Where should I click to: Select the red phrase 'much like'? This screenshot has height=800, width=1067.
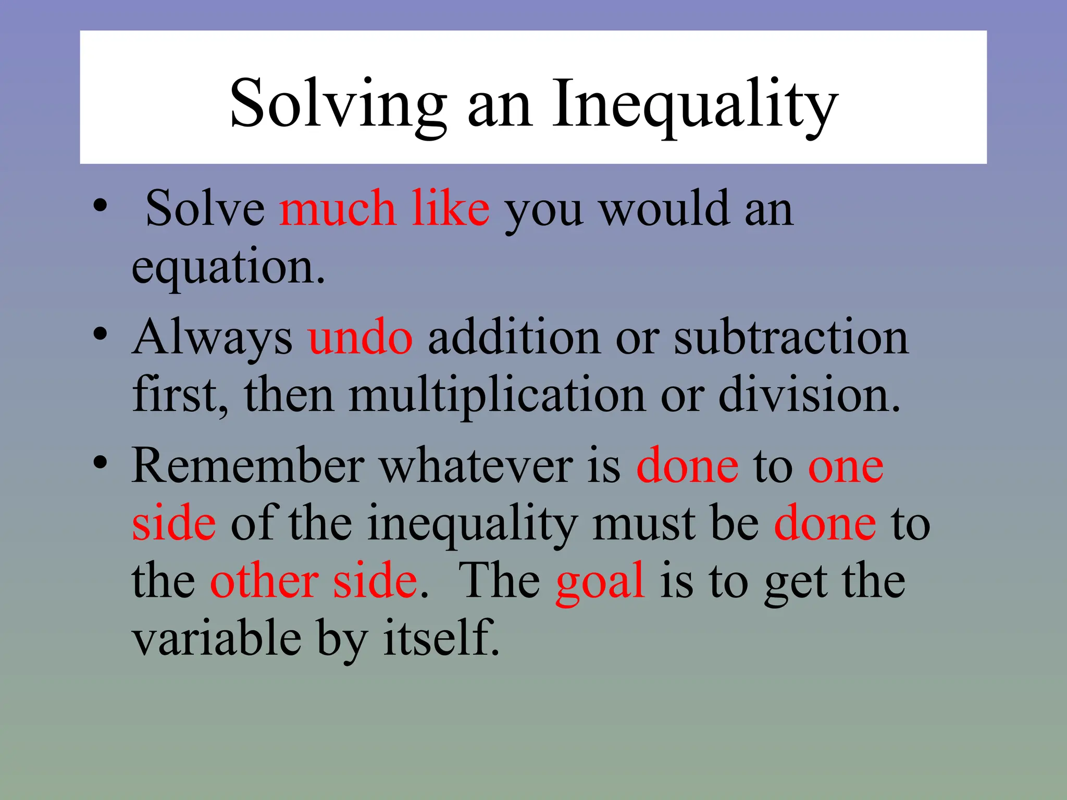384,208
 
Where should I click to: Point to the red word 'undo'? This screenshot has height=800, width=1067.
361,338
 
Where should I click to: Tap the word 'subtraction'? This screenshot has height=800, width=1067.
791,338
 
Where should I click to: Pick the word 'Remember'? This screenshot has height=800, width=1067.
248,466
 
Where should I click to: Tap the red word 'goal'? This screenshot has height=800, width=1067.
600,581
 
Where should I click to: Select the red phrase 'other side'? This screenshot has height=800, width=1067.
314,581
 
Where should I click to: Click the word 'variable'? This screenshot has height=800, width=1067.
217,639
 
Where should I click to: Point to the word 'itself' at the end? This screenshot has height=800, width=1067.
441,639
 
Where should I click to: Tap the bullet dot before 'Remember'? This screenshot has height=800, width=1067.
101,462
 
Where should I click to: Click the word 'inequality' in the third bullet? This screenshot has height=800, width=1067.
472,524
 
